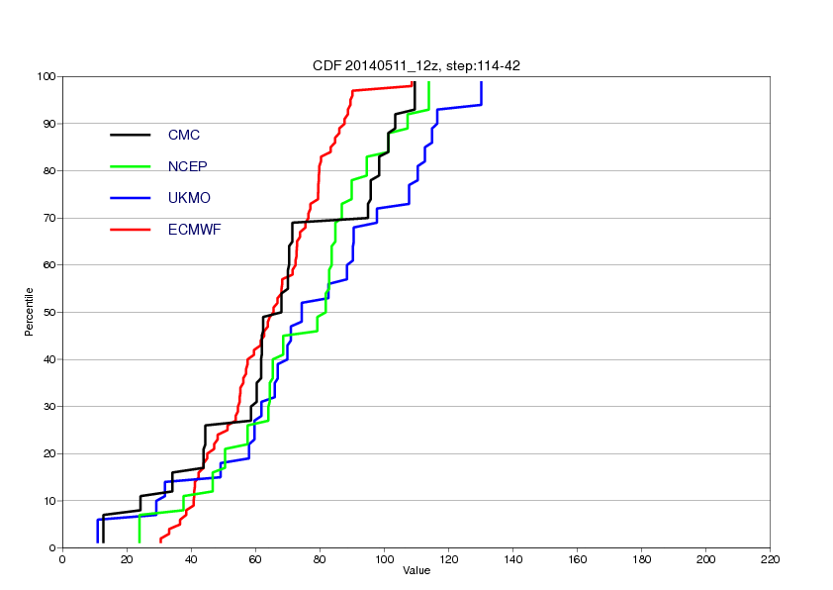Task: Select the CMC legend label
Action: (184, 135)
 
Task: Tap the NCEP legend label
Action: (188, 166)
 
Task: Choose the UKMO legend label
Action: (189, 198)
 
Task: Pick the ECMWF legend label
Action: (195, 230)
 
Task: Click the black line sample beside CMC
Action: (131, 135)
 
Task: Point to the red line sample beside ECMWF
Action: (131, 230)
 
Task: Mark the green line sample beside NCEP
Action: (131, 166)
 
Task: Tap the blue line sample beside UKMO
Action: (131, 198)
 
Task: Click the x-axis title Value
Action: (416, 571)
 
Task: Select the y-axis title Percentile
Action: (29, 312)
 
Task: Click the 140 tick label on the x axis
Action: (512, 559)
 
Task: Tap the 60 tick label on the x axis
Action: (255, 559)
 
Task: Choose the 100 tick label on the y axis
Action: (46, 76)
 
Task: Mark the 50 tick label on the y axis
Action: (49, 312)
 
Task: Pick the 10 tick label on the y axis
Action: (49, 501)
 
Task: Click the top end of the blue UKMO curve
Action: (482, 82)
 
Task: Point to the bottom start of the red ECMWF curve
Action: (160, 541)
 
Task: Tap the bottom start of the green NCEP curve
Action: (139, 542)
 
